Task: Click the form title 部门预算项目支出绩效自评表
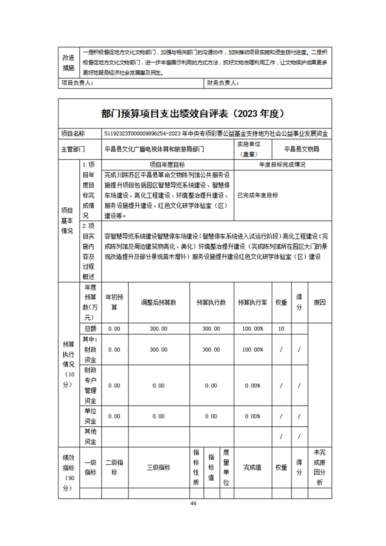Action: [193, 113]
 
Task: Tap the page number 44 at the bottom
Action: [193, 503]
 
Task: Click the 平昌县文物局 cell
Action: [302, 149]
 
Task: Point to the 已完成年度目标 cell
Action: [257, 195]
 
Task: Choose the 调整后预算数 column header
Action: [158, 302]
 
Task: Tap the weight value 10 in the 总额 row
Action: [281, 328]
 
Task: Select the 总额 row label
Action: [91, 328]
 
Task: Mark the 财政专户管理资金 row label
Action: [91, 386]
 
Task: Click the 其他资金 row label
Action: [91, 437]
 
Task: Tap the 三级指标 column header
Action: [158, 467]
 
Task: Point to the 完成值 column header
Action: [252, 467]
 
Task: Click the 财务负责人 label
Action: [223, 83]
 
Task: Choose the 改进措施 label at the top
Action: [69, 62]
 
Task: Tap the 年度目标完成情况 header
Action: [282, 165]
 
